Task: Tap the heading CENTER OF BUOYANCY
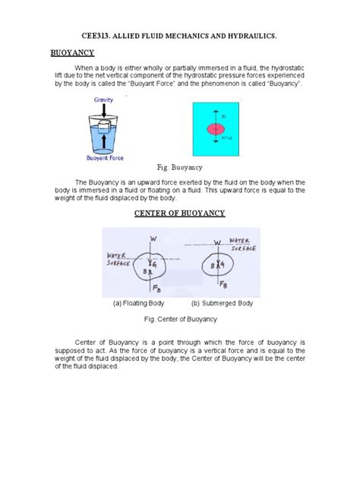(x=180, y=213)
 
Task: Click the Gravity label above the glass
(x=104, y=99)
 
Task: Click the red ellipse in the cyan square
(x=216, y=129)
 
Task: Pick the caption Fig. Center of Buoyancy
(x=180, y=319)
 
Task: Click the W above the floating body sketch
(x=154, y=239)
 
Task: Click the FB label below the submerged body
(x=223, y=284)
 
